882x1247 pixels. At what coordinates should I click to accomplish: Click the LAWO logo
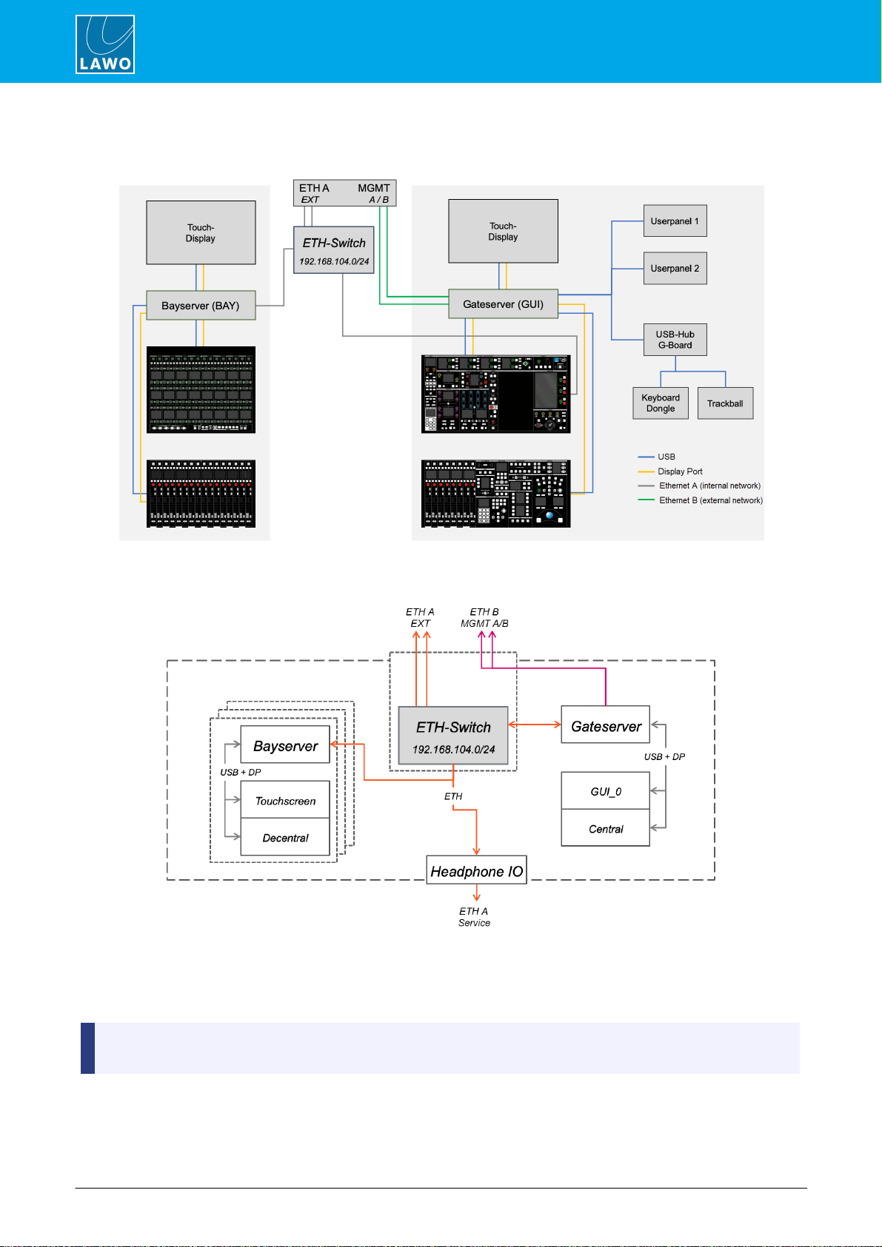coord(104,44)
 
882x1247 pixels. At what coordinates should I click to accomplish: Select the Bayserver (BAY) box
coord(201,305)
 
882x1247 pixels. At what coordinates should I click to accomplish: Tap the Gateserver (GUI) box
coord(503,304)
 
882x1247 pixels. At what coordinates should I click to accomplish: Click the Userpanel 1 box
coord(675,221)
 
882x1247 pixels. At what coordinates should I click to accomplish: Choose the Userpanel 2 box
coord(675,269)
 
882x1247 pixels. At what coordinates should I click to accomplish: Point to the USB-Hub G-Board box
coord(675,340)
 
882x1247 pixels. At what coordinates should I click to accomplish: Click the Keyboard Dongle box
coord(661,403)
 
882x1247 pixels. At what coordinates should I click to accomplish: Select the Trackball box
coord(725,403)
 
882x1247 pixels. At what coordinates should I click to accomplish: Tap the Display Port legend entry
coord(670,471)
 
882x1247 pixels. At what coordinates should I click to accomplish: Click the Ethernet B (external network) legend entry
coord(701,500)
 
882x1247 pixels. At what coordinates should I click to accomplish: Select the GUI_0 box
coord(605,791)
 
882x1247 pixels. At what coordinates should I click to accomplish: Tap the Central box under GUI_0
coord(605,828)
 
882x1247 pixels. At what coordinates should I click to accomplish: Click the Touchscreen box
coord(284,801)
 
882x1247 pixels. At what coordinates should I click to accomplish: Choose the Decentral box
coord(284,837)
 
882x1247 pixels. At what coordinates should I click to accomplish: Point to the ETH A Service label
coord(474,917)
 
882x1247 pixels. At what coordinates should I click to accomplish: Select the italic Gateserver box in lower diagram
coord(605,725)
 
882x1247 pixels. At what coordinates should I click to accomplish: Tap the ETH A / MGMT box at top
coord(345,193)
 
